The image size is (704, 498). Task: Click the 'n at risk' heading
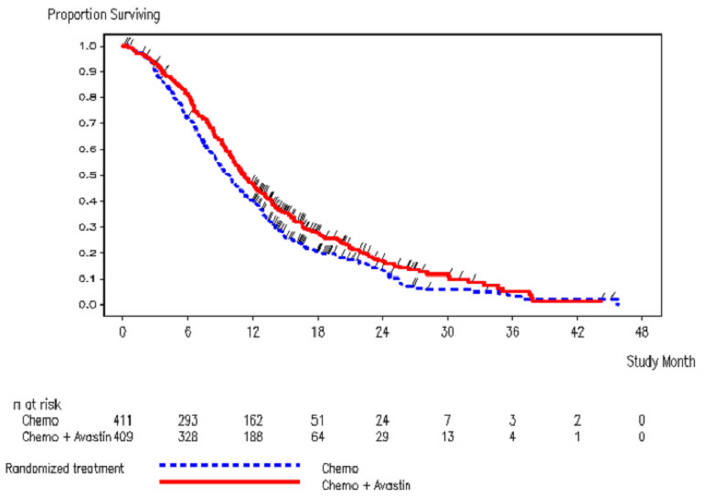coord(37,402)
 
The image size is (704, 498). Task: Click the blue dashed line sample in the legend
coord(229,464)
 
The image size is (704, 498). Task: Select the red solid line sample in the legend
coord(229,480)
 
